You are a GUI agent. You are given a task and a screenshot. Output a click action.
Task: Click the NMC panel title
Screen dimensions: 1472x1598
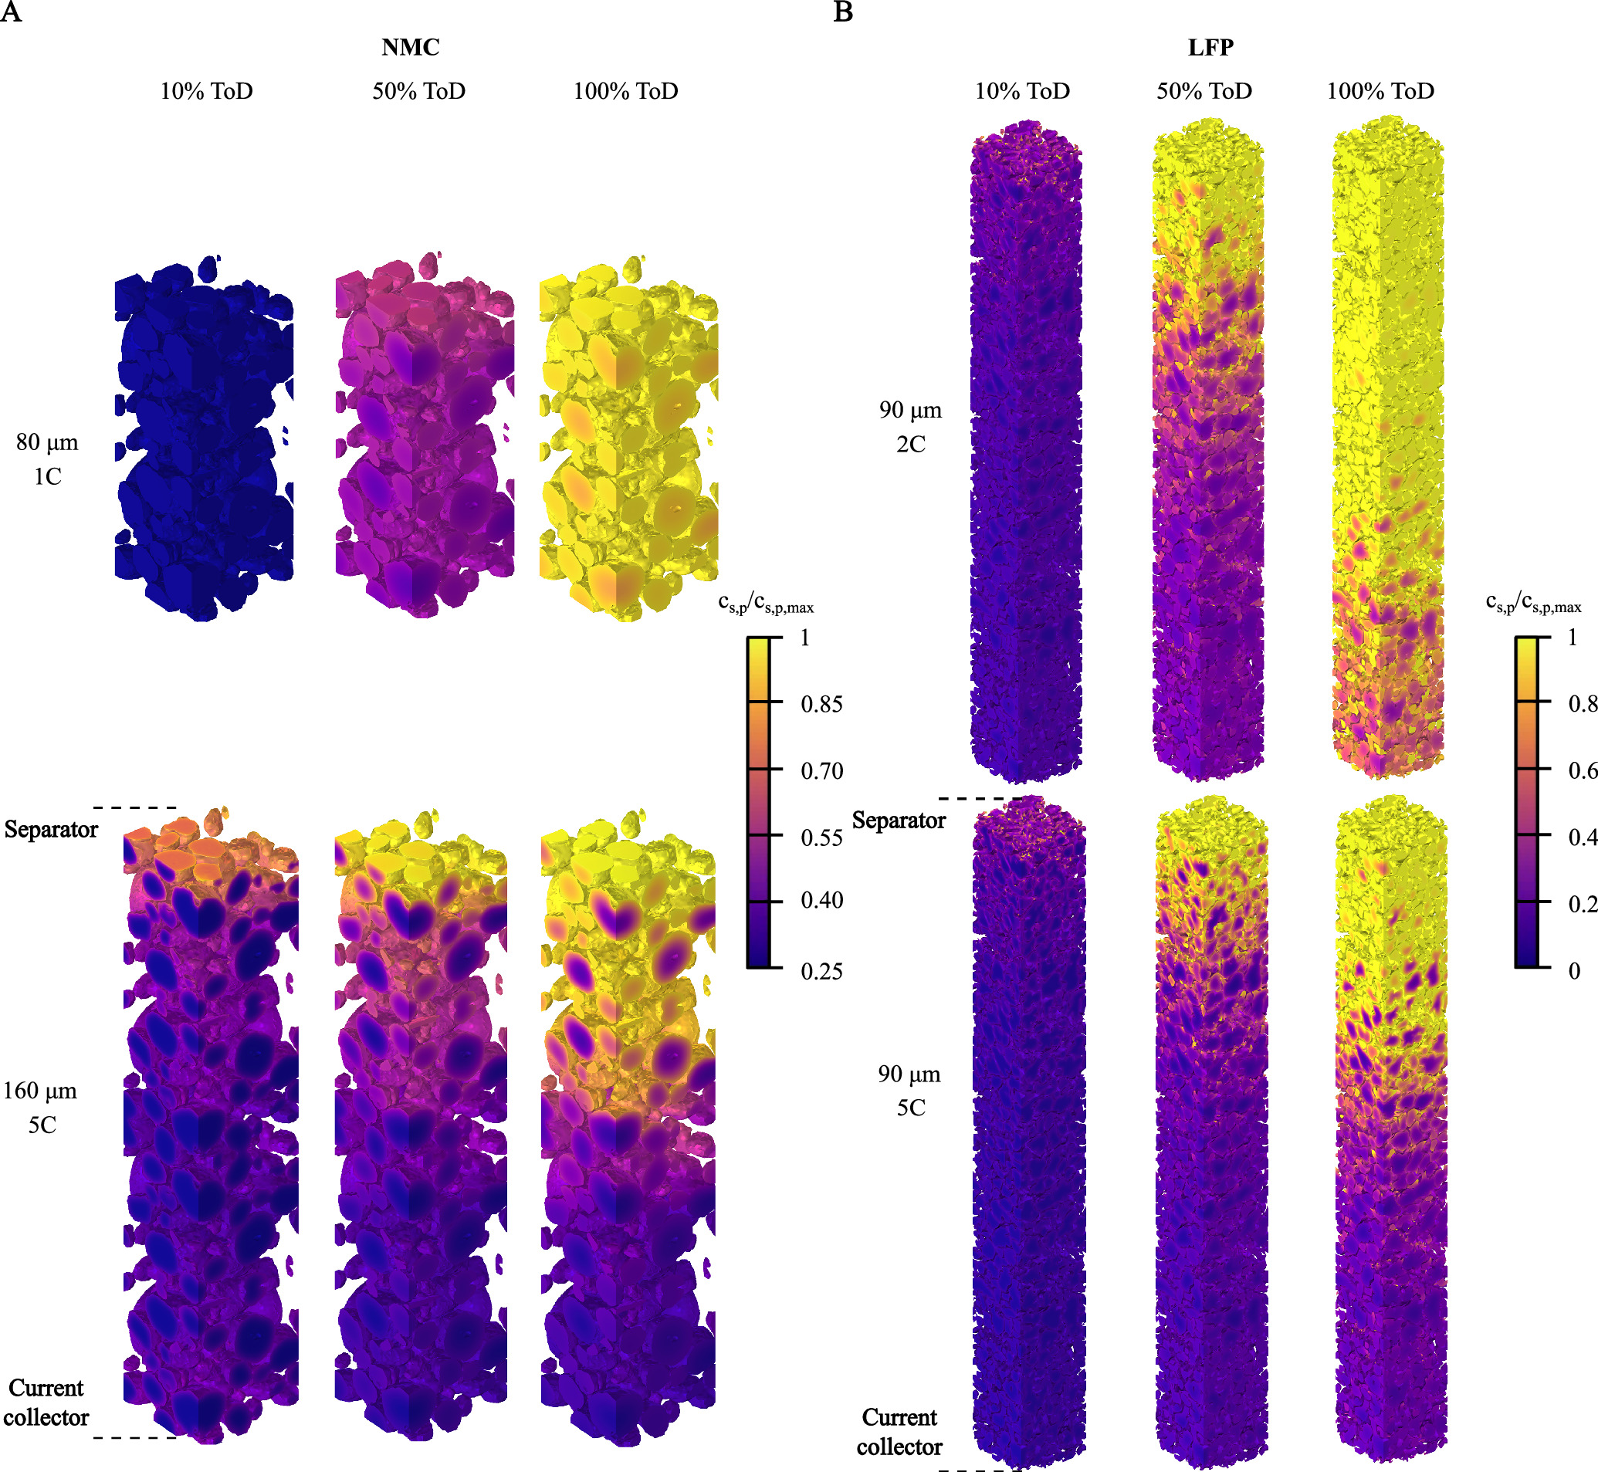(410, 47)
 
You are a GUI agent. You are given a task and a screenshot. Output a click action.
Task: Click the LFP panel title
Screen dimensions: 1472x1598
(1210, 47)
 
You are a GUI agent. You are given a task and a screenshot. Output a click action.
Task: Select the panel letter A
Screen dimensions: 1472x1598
(10, 13)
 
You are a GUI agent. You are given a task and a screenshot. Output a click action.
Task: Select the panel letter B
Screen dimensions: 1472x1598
(843, 13)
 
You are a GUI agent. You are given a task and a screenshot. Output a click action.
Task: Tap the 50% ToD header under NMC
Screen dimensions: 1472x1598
(419, 91)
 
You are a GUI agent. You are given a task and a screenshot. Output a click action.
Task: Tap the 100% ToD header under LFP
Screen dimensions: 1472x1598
(1380, 91)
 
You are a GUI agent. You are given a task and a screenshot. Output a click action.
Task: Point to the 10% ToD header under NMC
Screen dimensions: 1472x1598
(206, 91)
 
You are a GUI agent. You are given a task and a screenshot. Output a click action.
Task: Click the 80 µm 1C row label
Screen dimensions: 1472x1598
(47, 459)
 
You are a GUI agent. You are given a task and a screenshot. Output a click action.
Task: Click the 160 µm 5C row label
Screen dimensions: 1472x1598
(41, 1107)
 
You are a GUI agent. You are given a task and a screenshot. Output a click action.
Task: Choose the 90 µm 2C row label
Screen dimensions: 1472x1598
(910, 426)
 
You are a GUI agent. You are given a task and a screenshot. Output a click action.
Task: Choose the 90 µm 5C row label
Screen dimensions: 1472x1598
(909, 1091)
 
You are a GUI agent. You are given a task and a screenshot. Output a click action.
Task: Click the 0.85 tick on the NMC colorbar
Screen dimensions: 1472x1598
(821, 704)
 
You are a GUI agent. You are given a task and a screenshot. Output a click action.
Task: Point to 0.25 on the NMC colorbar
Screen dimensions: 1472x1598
(821, 971)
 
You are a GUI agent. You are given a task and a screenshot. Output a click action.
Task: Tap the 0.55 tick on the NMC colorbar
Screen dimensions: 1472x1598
(821, 838)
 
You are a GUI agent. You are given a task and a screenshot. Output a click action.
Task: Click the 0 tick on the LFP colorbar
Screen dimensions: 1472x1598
(1574, 971)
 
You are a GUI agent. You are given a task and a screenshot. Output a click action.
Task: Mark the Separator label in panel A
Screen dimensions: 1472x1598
(51, 829)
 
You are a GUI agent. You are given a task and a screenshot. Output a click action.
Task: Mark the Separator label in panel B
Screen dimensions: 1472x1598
(899, 820)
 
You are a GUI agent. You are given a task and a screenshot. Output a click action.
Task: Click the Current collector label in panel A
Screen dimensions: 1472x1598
(46, 1403)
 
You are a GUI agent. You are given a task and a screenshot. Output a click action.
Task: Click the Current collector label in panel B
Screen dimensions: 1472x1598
(899, 1432)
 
